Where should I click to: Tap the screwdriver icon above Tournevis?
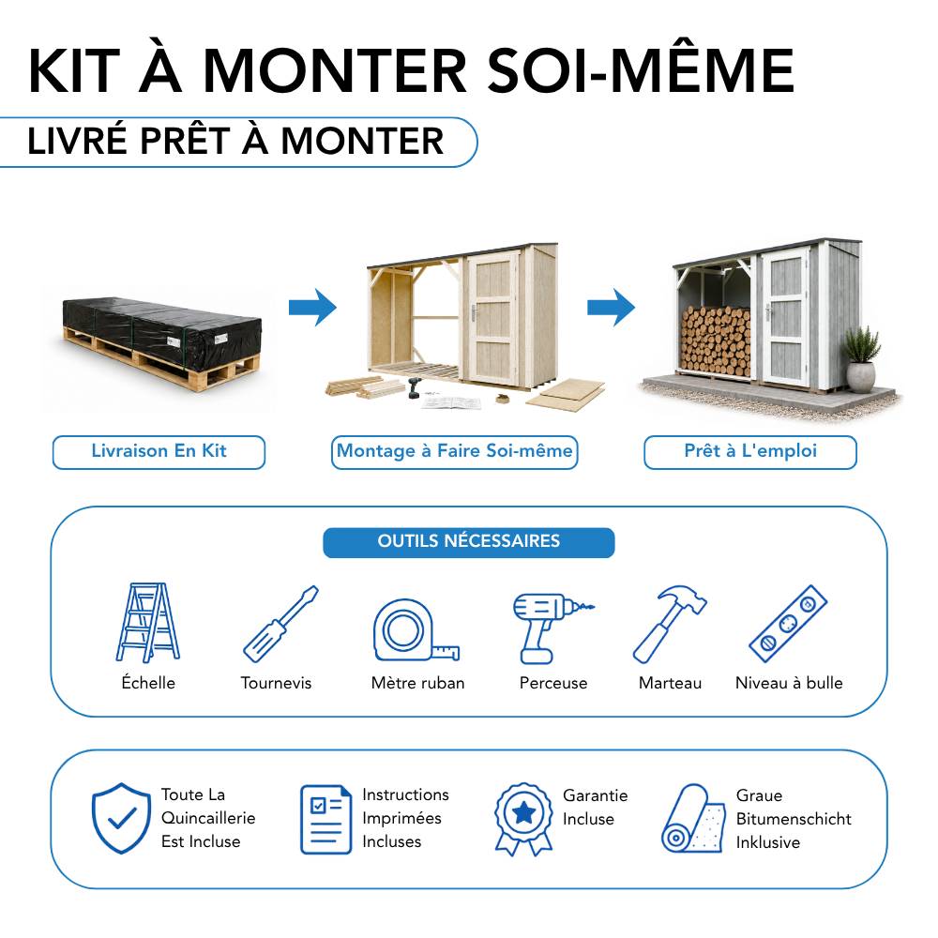(280, 624)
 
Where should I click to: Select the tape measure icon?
(416, 629)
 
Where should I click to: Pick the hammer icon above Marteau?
(670, 624)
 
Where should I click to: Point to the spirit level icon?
(789, 624)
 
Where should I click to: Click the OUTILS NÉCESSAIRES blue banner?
(468, 542)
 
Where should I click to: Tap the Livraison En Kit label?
(159, 452)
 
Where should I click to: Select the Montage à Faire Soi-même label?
(455, 452)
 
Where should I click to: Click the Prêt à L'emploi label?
(750, 452)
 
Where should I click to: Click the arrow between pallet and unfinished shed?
(312, 308)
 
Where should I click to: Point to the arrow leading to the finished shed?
(611, 308)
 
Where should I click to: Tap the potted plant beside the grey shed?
(861, 361)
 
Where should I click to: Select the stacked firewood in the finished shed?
(716, 341)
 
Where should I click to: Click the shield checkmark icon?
(121, 818)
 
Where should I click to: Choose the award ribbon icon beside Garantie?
(523, 818)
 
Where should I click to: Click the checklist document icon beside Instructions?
(326, 819)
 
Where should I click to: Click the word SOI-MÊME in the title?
(642, 71)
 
